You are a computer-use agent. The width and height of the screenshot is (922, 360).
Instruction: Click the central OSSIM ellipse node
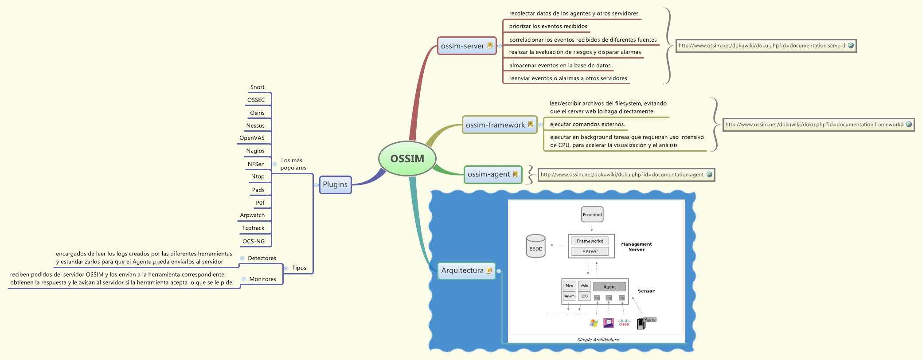(407, 159)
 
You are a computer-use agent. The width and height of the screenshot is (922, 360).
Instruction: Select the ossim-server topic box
(466, 46)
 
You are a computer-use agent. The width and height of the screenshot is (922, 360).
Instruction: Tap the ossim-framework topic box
(499, 125)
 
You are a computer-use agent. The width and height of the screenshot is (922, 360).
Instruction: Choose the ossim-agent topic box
(492, 174)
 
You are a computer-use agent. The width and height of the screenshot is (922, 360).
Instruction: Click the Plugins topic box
(335, 184)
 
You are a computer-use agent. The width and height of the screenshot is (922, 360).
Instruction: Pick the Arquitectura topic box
(466, 270)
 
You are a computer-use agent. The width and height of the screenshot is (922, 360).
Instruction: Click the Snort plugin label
(257, 87)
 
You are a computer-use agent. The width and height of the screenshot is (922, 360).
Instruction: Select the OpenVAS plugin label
(252, 138)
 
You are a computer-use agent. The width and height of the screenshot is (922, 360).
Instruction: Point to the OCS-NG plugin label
(254, 241)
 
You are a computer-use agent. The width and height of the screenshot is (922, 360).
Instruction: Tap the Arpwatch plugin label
(252, 215)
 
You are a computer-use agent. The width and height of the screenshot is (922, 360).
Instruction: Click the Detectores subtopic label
(262, 258)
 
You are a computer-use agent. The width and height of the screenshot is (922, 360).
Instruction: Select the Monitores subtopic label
(262, 279)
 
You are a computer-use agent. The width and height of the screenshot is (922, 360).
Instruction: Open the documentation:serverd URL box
(766, 46)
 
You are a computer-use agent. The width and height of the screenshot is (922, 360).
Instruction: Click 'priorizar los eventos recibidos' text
(548, 27)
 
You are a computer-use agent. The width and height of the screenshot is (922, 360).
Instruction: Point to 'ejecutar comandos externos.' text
(587, 124)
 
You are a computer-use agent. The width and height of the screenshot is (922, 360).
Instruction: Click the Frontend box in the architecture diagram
(592, 215)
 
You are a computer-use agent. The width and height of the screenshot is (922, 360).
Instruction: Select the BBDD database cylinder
(535, 246)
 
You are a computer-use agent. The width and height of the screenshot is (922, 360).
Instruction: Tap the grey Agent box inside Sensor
(609, 287)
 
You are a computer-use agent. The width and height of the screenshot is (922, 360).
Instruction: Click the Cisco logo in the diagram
(624, 323)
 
